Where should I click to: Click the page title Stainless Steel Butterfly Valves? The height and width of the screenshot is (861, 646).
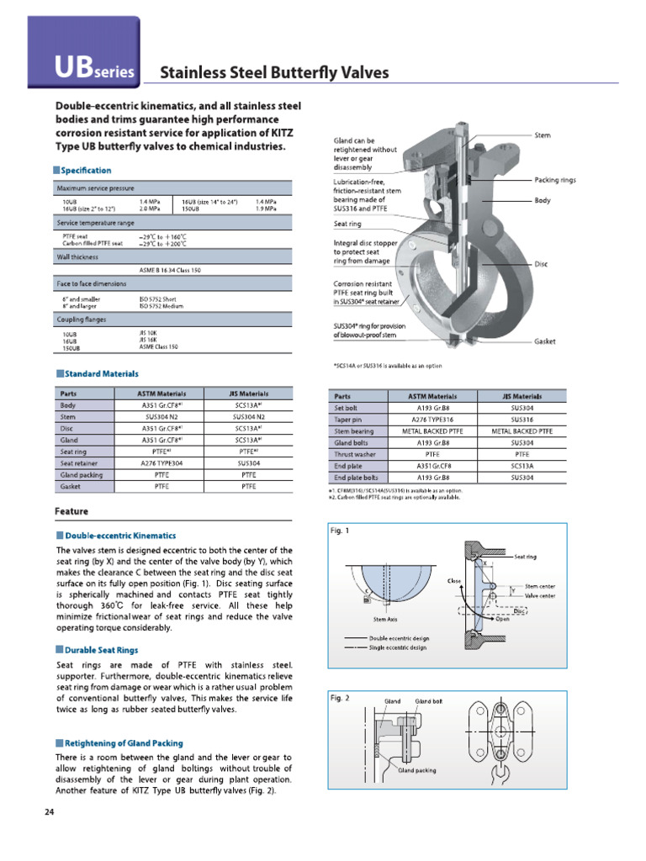pos(275,72)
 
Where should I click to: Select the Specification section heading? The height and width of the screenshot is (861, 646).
pos(87,171)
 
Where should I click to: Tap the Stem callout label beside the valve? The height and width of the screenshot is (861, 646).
pos(543,135)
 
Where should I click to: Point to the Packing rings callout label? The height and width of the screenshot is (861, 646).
pos(555,180)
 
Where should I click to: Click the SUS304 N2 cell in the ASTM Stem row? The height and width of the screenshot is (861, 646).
pos(161,416)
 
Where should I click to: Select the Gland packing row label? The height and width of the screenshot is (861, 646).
pos(81,474)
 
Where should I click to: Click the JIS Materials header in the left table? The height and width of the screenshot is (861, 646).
pos(248,394)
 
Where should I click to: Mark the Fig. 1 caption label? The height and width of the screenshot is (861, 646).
pos(341,531)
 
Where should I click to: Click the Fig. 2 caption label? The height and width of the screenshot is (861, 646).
pos(341,698)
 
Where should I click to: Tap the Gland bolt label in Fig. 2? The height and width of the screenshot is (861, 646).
pos(428,701)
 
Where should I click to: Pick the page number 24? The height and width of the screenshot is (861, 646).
pos(49,812)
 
